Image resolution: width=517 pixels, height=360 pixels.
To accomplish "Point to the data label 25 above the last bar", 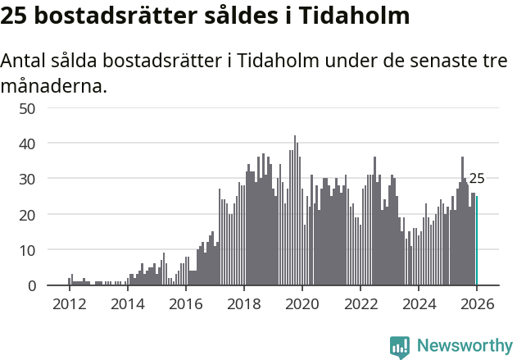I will pyautogui.click(x=477, y=178).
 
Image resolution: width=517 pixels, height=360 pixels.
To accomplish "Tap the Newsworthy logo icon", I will pyautogui.click(x=400, y=347).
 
